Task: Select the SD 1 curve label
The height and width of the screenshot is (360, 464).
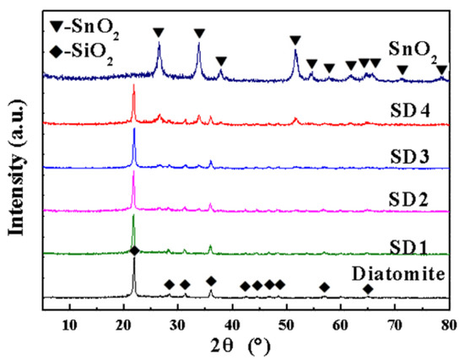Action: (408, 245)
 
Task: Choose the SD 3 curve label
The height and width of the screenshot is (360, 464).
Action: (408, 158)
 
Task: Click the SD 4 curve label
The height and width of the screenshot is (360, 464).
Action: (408, 111)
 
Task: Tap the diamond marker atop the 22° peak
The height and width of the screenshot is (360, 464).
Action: (134, 251)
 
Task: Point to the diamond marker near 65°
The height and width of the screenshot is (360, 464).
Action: (368, 288)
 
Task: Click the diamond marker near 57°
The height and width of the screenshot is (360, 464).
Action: (324, 287)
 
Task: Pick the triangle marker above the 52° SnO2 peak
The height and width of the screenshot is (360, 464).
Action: (295, 40)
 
